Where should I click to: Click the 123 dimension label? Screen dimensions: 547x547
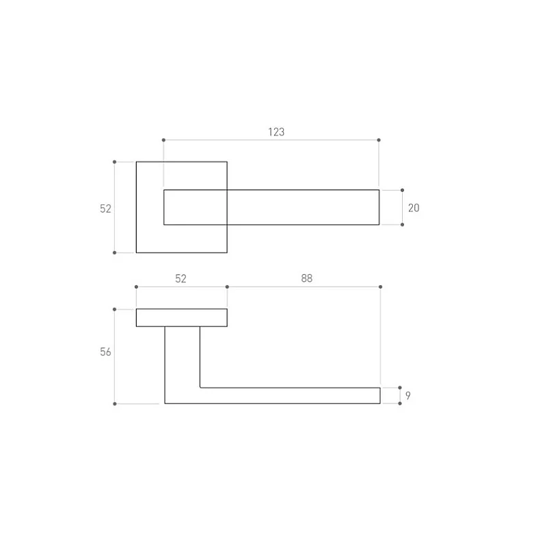pos(276,132)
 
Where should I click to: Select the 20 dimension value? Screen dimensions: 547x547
pos(414,208)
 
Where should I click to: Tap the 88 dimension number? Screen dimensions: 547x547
pos(306,278)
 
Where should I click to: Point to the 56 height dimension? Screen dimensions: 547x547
pos(105,351)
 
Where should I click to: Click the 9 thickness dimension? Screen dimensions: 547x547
pos(408,396)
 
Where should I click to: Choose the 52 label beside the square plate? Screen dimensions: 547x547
pos(105,209)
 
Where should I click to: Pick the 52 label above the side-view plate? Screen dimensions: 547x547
pos(181,278)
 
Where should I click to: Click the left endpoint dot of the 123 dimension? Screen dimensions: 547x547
pos(163,140)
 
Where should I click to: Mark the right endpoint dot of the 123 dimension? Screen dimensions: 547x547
pos(379,140)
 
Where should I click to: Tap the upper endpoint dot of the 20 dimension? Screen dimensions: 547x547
pos(402,190)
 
